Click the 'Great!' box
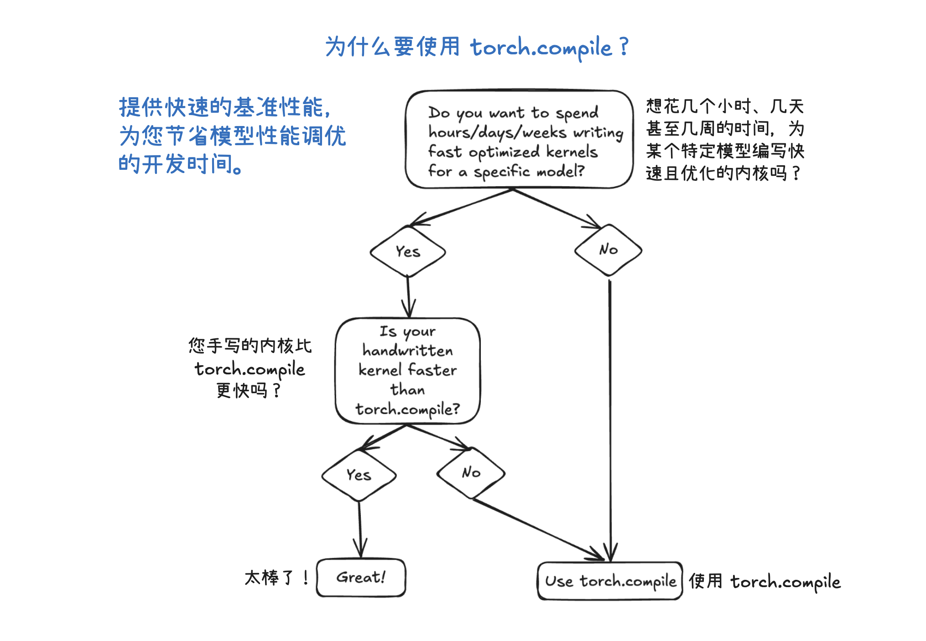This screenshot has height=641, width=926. tap(361, 578)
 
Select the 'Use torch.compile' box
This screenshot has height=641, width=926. tap(610, 581)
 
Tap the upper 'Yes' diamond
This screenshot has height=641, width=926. tap(408, 252)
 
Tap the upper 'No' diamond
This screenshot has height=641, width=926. tap(608, 250)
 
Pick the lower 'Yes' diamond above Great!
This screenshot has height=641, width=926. tap(359, 475)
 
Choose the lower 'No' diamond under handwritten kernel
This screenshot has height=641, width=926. tap(471, 473)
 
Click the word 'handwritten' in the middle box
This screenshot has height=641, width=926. tap(408, 351)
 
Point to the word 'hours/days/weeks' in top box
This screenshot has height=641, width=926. tap(497, 132)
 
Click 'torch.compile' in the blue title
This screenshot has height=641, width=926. tap(541, 48)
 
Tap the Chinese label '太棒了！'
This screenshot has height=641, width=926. tap(276, 578)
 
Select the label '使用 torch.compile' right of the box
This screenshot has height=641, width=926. tap(765, 582)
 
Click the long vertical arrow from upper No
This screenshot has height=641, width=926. tap(610, 411)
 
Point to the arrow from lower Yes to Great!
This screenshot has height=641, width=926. tap(360, 530)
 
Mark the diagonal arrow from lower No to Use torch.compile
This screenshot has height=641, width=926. tap(538, 530)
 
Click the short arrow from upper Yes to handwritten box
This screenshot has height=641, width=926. tap(408, 297)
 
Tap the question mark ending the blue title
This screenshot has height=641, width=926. tap(624, 47)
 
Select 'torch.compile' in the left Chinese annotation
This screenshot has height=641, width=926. tap(250, 369)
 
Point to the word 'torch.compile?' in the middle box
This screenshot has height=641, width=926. tap(408, 410)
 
